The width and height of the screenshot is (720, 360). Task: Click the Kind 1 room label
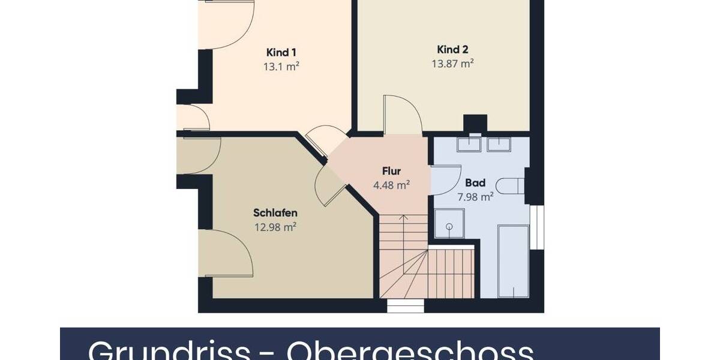tap(281, 52)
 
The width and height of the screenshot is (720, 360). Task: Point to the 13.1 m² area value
tap(281, 67)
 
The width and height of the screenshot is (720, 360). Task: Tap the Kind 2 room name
tap(452, 49)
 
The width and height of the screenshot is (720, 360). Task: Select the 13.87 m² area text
tap(452, 63)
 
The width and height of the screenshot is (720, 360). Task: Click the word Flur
tap(391, 172)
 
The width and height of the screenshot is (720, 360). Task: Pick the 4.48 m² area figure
tap(391, 185)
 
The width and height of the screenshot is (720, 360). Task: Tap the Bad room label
tap(475, 183)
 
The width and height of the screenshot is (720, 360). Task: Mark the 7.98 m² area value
tap(475, 196)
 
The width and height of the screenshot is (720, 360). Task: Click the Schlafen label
tap(275, 213)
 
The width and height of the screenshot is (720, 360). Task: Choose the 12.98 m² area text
tap(275, 227)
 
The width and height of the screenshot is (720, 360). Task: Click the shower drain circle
tap(448, 227)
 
